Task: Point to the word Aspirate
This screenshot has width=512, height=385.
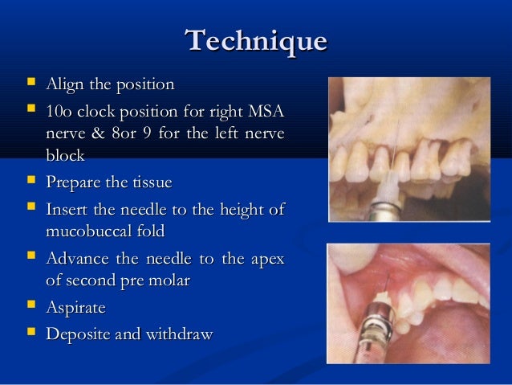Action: [x=76, y=308]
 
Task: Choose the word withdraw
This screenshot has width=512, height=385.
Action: [x=181, y=334]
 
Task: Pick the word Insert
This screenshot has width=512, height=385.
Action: [x=67, y=211]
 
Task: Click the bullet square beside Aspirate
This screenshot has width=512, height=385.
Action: [x=30, y=307]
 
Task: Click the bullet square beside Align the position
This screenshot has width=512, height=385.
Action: [x=30, y=83]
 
